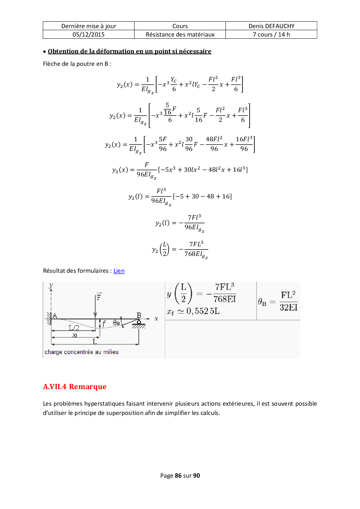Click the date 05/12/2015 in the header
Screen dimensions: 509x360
[89, 35]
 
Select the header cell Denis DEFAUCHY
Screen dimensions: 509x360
[271, 26]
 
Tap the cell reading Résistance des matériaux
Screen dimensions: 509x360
[180, 35]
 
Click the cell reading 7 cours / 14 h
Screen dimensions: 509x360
[271, 35]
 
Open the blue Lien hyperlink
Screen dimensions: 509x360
[119, 271]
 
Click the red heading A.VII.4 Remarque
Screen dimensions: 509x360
[75, 387]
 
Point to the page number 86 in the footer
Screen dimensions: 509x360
[178, 476]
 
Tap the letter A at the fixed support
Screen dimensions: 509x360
[55, 316]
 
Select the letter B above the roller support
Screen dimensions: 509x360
[139, 315]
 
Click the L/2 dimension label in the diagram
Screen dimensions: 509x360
[74, 328]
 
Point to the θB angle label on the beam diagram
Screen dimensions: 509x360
[116, 323]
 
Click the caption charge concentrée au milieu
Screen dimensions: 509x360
[82, 352]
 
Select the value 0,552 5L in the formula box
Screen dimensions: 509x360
[203, 311]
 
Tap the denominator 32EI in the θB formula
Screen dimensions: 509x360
[289, 307]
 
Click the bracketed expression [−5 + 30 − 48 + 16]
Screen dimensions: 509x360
[202, 196]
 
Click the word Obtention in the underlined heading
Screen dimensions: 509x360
[60, 51]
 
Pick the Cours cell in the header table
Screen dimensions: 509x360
[180, 26]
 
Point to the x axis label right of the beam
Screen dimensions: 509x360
[156, 319]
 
